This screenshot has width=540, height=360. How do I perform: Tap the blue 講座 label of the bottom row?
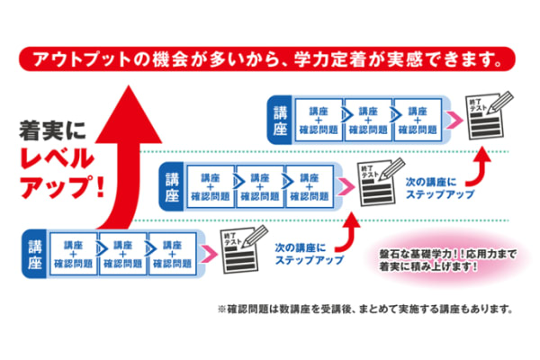(x=36, y=251)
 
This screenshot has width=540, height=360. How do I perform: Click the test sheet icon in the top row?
(x=485, y=116)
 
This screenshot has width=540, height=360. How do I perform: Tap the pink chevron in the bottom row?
(x=206, y=252)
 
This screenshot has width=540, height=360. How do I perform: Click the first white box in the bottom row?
(x=72, y=253)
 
